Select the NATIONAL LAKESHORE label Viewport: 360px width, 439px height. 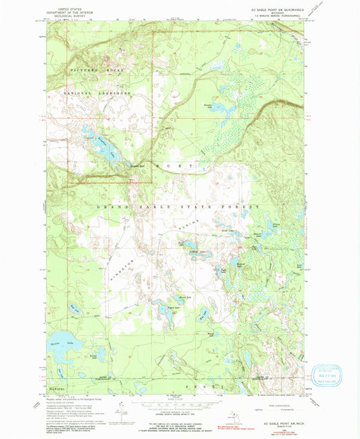click(x=94, y=92)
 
